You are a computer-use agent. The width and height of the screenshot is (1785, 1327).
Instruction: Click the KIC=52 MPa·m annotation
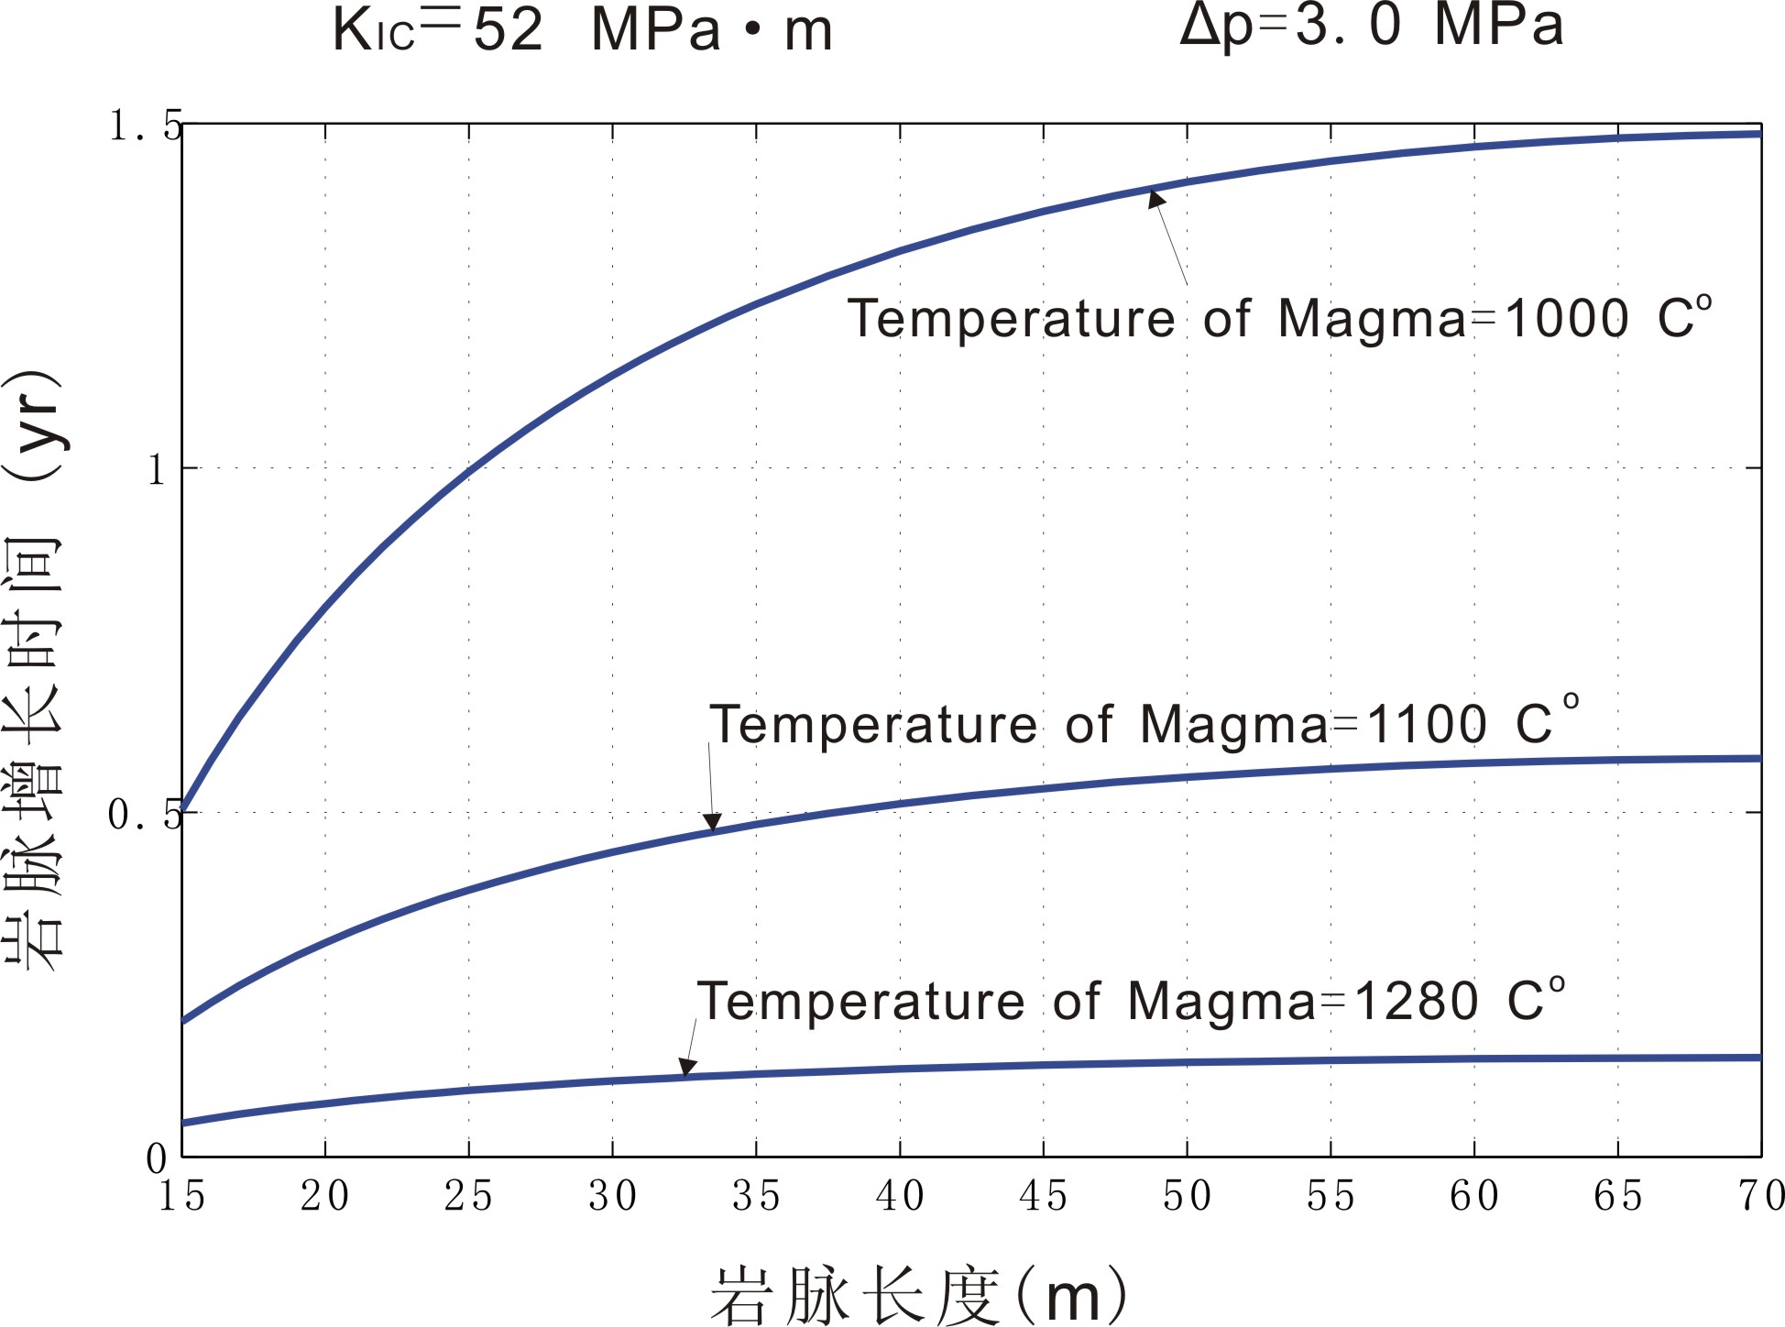tap(583, 29)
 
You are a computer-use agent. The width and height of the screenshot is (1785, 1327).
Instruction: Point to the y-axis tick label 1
tap(157, 470)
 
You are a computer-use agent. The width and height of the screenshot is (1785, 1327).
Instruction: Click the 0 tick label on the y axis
tap(157, 1159)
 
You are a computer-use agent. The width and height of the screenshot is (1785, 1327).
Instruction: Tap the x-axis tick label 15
tap(181, 1196)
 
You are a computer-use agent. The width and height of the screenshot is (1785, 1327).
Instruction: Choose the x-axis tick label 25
tap(468, 1196)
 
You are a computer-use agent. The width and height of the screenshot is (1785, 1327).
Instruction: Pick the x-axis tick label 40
tap(900, 1196)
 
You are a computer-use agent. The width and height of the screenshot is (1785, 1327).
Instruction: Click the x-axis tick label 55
tap(1331, 1196)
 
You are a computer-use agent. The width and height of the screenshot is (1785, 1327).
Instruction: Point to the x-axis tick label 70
tap(1759, 1196)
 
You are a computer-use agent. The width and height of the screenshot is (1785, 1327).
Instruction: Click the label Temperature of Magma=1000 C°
tap(1279, 319)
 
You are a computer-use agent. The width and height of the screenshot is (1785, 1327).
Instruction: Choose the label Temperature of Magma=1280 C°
tap(1131, 1000)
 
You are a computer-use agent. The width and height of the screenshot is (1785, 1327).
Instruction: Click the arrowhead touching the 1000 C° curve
tap(1156, 197)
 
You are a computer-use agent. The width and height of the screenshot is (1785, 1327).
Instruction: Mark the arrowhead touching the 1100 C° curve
tap(712, 822)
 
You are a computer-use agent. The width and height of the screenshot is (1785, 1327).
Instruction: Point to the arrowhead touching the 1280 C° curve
tap(687, 1068)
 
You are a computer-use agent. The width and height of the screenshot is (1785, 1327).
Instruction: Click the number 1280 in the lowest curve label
tap(1416, 1001)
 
